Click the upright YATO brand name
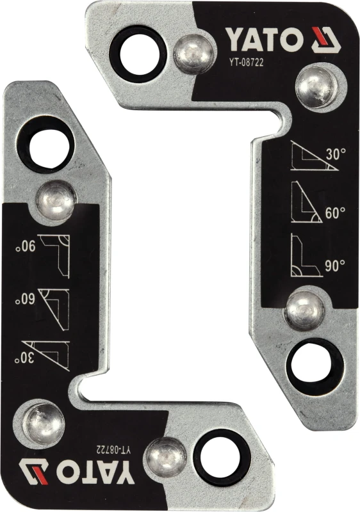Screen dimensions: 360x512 click(x=263, y=40)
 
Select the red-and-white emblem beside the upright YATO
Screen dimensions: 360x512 click(x=325, y=40)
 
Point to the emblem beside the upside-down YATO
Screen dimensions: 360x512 click(x=34, y=472)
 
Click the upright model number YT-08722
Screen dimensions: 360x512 click(x=246, y=62)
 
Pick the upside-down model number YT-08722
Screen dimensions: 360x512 click(x=113, y=450)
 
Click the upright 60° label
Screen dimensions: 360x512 click(x=335, y=213)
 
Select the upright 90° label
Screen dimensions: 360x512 click(x=335, y=266)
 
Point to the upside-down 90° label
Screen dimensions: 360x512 click(x=25, y=246)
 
